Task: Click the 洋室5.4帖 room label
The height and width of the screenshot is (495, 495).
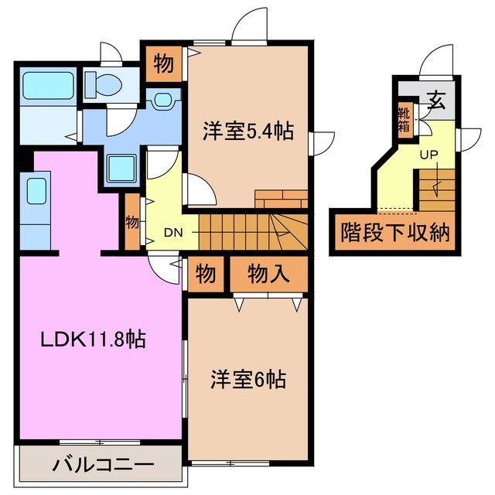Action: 248,131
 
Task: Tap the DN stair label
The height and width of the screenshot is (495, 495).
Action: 172,231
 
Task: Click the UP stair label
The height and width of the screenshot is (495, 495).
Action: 429,155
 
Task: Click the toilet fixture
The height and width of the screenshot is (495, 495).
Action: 101,84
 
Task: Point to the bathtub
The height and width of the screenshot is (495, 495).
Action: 46,85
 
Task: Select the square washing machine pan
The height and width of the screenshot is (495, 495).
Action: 121,167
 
